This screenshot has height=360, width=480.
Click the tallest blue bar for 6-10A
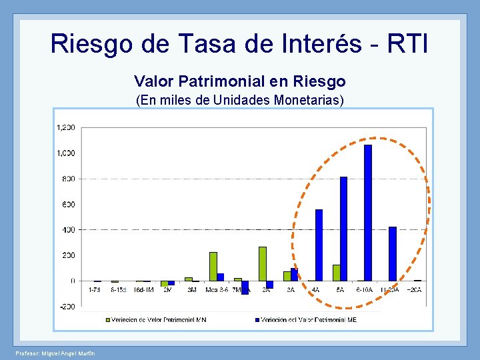[368, 213]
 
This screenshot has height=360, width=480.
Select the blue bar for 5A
[343, 229]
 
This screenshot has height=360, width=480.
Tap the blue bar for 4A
[319, 245]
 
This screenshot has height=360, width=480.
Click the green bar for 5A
[336, 273]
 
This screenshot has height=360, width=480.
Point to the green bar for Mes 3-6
[213, 266]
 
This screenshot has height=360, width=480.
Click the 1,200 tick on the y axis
[65, 127]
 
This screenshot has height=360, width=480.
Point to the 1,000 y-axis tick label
[65, 153]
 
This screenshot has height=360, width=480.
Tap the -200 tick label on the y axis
[67, 307]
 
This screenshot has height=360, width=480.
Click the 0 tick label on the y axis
[72, 281]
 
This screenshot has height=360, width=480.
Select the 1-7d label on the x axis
[95, 290]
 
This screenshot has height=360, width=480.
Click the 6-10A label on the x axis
[365, 290]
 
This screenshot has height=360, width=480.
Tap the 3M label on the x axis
[193, 290]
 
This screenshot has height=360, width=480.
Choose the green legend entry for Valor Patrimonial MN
[156, 320]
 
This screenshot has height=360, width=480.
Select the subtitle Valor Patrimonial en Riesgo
[239, 81]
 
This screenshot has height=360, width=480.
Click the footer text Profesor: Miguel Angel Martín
[55, 353]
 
